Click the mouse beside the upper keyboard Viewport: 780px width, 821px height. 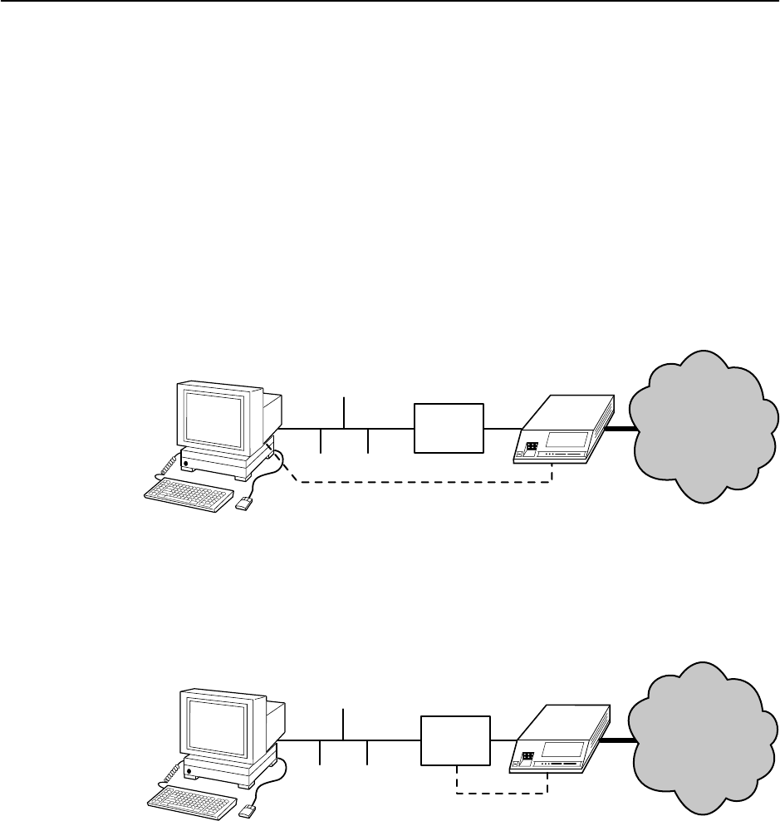coord(244,504)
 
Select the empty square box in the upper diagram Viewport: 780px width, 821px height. coord(449,428)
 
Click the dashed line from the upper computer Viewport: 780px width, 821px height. coord(424,481)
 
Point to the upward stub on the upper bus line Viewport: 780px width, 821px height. coord(344,413)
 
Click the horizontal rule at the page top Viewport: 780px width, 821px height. coord(390,2)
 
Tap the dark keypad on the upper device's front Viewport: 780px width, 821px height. coord(531,445)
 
